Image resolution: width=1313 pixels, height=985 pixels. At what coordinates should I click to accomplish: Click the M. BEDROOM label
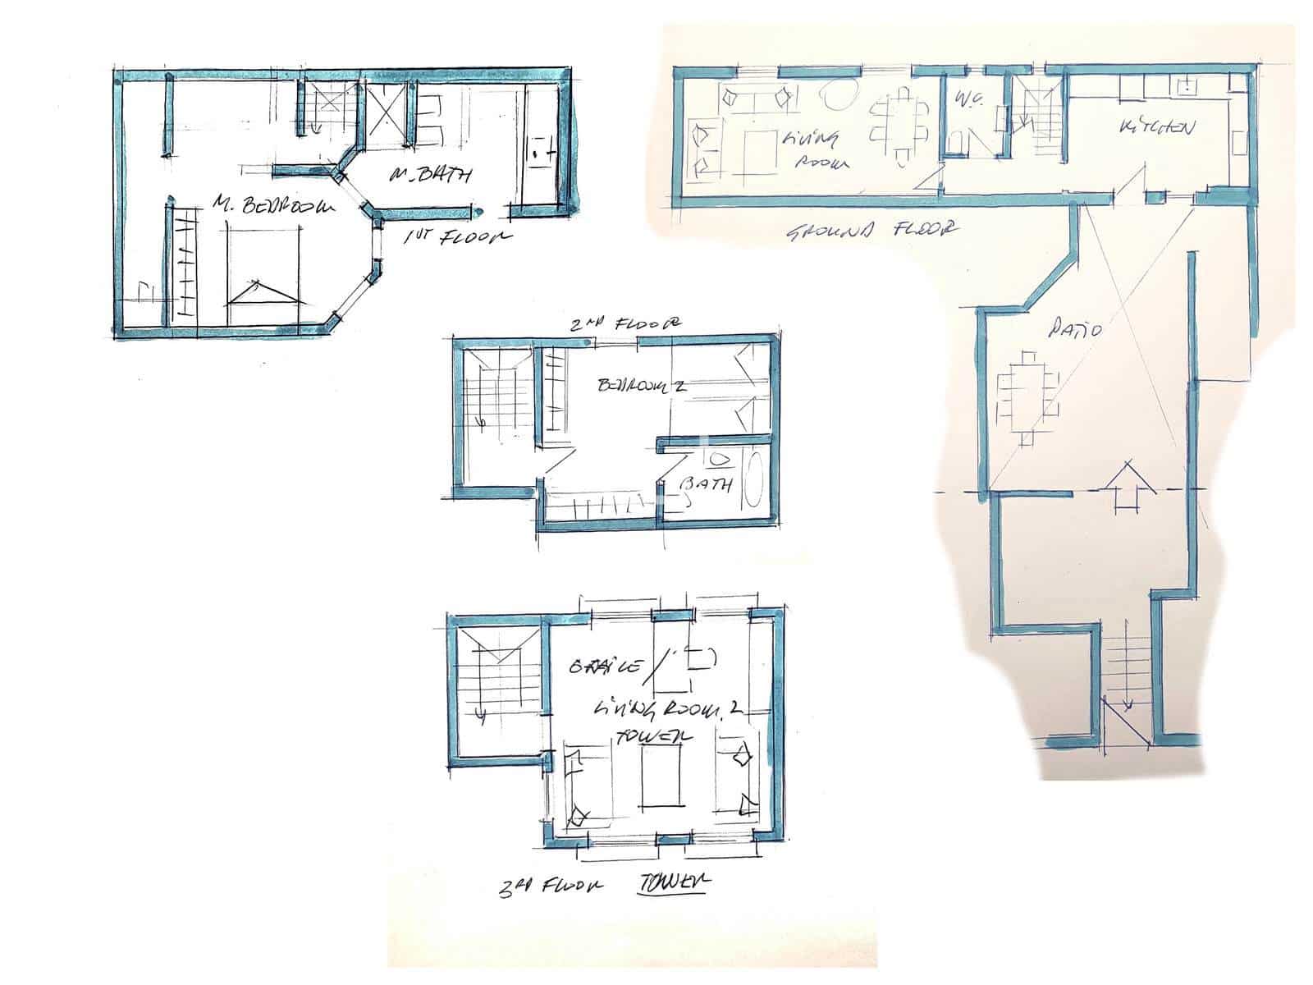(274, 205)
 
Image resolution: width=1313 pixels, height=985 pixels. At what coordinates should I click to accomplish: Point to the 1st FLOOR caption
(456, 237)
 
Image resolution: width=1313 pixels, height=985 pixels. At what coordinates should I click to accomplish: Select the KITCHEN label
(1156, 128)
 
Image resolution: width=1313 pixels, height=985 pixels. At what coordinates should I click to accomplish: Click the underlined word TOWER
(673, 882)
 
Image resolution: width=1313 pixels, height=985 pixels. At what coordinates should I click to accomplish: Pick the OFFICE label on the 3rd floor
(604, 666)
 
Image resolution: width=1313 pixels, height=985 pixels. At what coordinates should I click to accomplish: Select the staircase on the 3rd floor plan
(495, 678)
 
